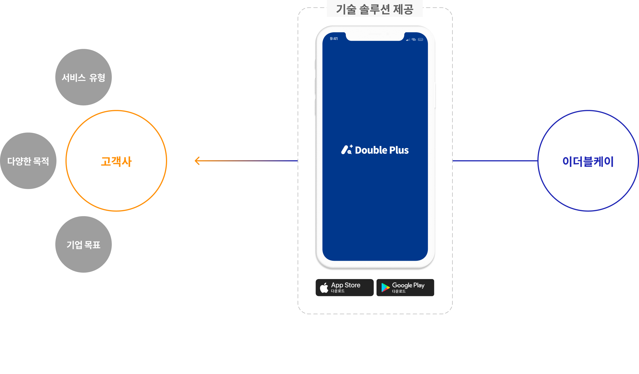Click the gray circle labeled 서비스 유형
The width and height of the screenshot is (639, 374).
click(x=83, y=77)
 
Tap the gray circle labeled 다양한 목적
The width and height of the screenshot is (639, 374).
click(x=28, y=161)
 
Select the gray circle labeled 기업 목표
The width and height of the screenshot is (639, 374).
click(x=83, y=244)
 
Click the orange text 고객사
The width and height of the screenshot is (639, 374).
click(x=116, y=162)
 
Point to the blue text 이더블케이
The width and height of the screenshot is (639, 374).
click(x=588, y=162)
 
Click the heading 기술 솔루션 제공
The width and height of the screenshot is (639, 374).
click(x=375, y=9)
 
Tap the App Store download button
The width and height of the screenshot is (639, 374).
click(x=344, y=288)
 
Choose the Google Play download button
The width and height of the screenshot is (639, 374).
click(x=405, y=288)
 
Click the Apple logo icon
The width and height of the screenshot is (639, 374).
click(x=324, y=288)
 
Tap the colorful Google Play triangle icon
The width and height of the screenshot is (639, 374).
click(x=385, y=288)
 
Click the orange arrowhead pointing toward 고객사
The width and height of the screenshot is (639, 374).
click(x=197, y=161)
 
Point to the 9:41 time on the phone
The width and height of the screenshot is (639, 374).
click(x=334, y=39)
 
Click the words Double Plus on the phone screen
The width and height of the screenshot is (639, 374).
click(x=382, y=150)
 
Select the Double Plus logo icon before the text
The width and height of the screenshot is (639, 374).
click(x=347, y=150)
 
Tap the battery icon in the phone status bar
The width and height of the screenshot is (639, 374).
click(x=421, y=40)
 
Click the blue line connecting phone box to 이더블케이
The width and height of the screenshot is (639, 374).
click(x=495, y=161)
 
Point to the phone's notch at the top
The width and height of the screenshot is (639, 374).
click(x=375, y=36)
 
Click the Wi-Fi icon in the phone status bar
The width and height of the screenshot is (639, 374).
click(x=414, y=40)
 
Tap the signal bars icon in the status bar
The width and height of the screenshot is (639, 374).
click(x=408, y=40)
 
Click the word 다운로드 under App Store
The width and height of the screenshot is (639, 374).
click(x=338, y=291)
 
